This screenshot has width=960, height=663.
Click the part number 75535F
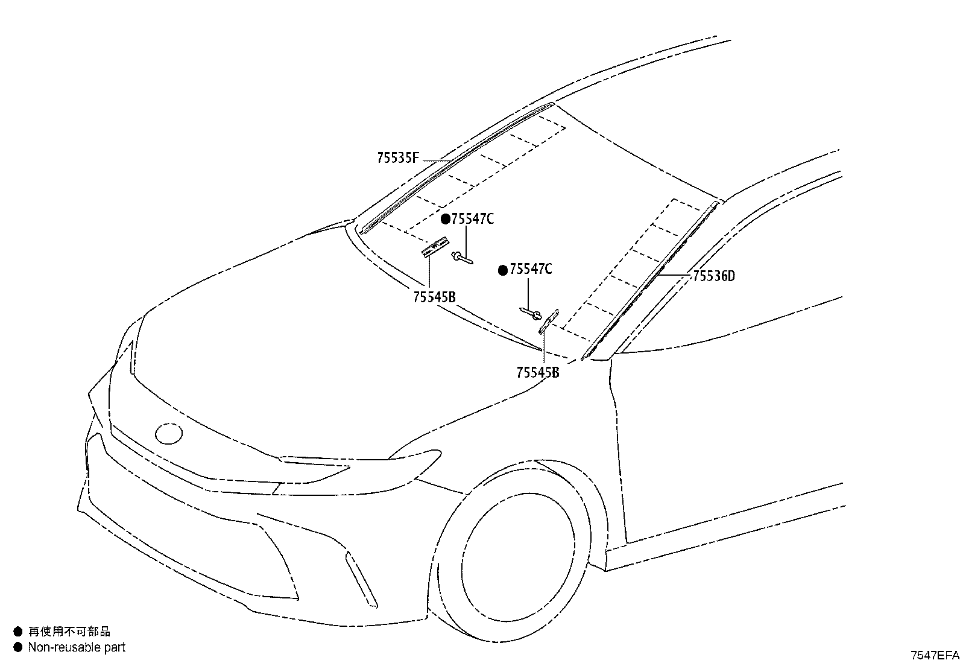[398, 158]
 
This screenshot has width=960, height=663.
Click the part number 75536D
[713, 276]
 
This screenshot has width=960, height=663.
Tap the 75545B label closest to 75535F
[434, 297]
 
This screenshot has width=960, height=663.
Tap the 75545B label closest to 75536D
[537, 372]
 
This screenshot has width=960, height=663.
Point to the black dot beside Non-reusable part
[17, 647]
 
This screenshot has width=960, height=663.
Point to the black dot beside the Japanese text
[17, 631]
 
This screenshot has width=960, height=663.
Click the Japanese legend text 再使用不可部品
[69, 631]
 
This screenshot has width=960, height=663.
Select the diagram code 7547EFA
[935, 655]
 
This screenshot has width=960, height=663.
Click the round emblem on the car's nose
[168, 434]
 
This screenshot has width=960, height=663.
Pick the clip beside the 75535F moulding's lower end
[435, 248]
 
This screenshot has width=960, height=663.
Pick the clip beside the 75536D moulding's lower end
[549, 321]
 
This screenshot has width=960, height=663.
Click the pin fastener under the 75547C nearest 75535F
[462, 258]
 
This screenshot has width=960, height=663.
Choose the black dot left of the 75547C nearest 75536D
[503, 270]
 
